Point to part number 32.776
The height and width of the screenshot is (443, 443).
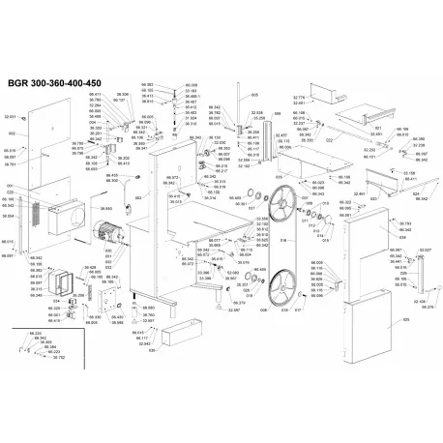point(299,98)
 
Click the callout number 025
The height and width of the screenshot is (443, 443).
point(404,320)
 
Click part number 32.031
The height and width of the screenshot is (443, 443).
point(11,116)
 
